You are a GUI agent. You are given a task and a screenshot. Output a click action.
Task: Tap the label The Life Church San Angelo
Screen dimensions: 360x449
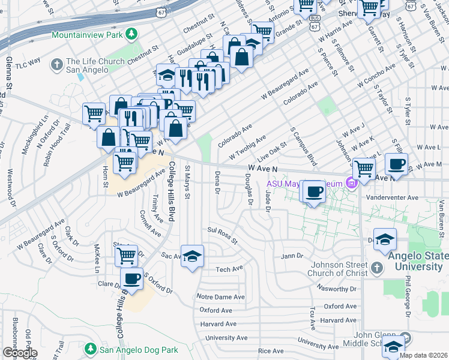coord(95,65)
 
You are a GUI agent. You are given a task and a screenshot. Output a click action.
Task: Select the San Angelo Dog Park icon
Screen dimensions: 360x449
coord(91,349)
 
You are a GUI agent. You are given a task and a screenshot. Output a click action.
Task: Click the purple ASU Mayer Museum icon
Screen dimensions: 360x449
coord(352,183)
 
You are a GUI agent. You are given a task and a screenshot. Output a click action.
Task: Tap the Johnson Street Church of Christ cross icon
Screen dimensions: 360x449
coord(376,267)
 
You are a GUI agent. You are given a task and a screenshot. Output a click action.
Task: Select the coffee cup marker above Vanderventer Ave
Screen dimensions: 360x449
coord(315,192)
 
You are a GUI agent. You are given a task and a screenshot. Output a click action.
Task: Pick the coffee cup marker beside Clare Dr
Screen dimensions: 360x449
coord(132,278)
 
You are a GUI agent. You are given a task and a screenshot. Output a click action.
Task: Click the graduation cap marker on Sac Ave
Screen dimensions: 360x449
coord(192,256)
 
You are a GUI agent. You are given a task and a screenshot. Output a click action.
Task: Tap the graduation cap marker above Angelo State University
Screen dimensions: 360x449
coord(385,240)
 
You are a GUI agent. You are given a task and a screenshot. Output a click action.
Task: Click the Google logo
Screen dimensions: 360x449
coord(20,353)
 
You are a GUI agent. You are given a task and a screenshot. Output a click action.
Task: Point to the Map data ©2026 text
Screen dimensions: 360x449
coord(423,355)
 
